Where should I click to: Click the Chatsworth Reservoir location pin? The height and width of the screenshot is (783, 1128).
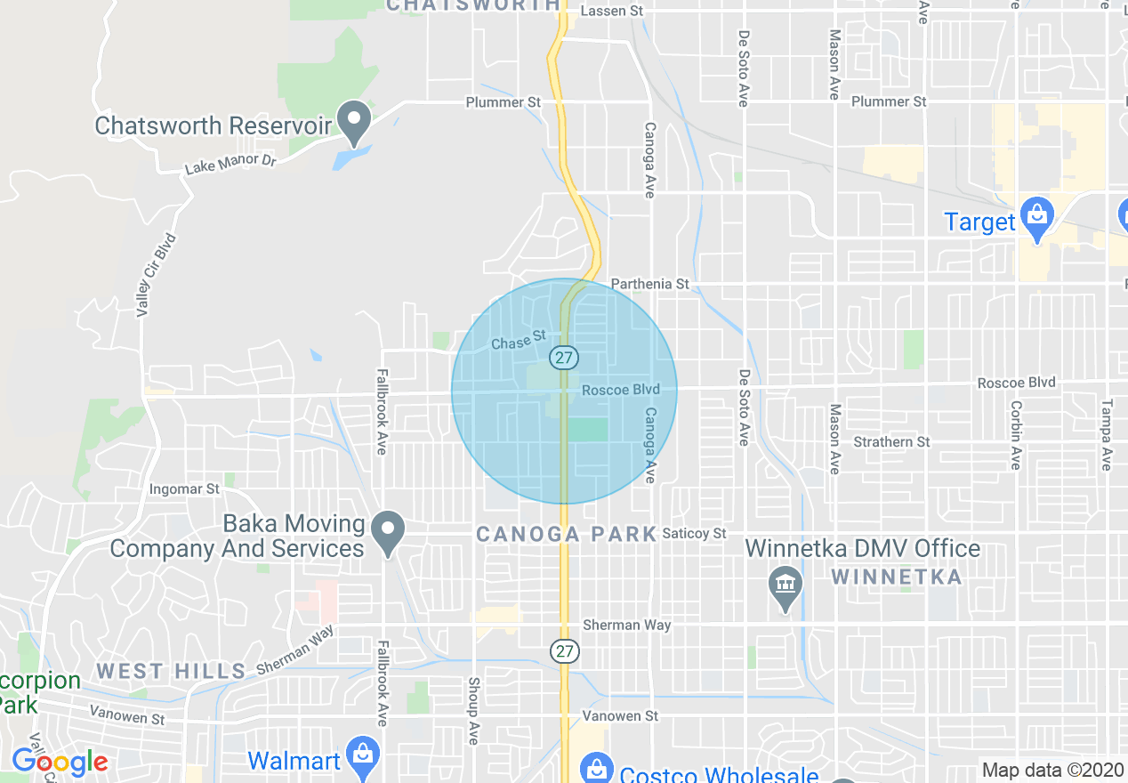355,122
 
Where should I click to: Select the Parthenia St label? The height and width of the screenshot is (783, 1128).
649,284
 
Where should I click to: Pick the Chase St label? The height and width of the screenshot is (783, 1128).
517,341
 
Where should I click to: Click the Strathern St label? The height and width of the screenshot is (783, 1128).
891,441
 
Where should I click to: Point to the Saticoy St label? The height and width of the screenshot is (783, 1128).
695,533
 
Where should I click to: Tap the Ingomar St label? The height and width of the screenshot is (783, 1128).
184,489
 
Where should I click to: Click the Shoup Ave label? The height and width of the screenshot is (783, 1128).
472,709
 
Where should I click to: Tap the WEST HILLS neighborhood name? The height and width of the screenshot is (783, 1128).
171,671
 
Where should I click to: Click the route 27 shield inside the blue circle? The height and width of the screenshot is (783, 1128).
563,358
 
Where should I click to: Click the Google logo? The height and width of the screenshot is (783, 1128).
60,762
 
